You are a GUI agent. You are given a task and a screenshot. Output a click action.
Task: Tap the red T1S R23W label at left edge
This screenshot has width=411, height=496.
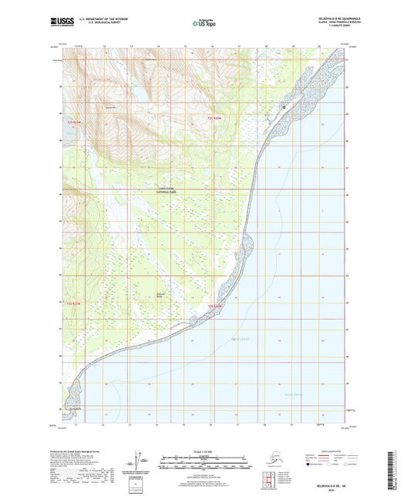[x=73, y=122]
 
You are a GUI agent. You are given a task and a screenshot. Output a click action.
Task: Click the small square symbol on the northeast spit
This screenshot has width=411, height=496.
[x=285, y=106]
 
